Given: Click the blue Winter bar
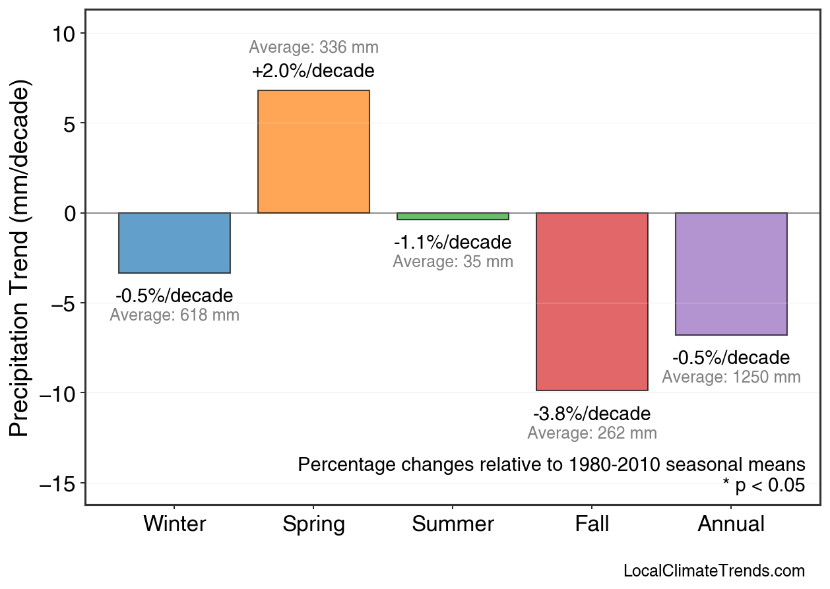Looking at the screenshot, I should (174, 243).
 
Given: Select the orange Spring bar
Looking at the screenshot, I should (313, 152).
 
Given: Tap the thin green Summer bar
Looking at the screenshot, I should (453, 216).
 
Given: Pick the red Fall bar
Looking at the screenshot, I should (592, 301).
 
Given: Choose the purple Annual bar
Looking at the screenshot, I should (731, 274).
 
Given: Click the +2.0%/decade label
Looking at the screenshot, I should (313, 71).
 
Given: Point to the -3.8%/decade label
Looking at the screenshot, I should (592, 414).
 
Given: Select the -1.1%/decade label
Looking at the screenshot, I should (453, 243).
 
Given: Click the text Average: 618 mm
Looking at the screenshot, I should (174, 315).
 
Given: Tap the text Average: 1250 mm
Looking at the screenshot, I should (731, 377).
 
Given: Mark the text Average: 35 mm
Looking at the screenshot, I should (453, 262).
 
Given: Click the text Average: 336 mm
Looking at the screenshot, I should (313, 47).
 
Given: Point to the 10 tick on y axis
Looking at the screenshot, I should (65, 34).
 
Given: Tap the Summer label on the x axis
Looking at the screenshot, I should (453, 524).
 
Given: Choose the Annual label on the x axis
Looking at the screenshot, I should (731, 524).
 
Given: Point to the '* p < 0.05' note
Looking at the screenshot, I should (763, 486).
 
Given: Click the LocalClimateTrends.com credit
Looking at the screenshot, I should (714, 571).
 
